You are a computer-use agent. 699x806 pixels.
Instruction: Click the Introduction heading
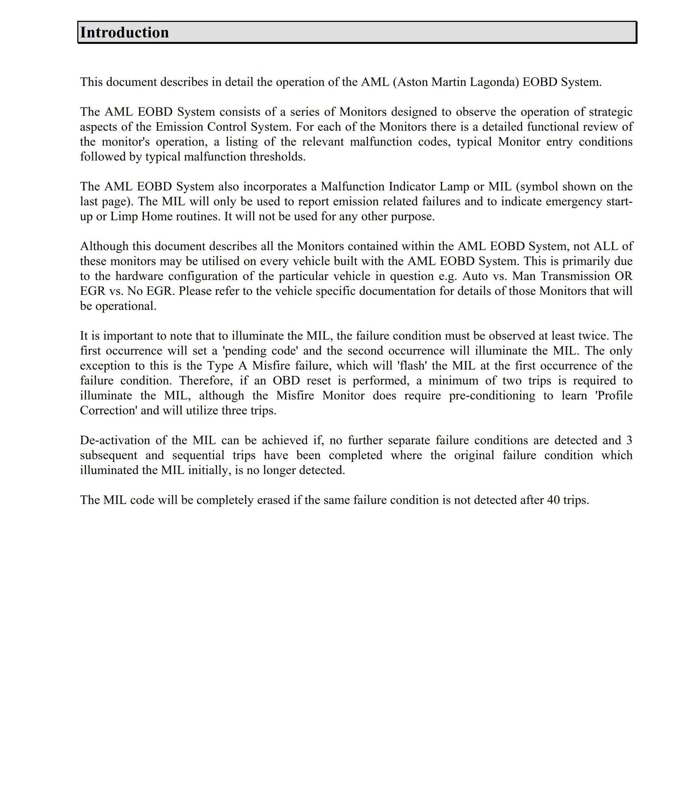click(124, 32)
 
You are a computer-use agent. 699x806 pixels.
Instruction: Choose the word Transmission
click(571, 276)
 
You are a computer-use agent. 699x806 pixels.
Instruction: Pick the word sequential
click(198, 455)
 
